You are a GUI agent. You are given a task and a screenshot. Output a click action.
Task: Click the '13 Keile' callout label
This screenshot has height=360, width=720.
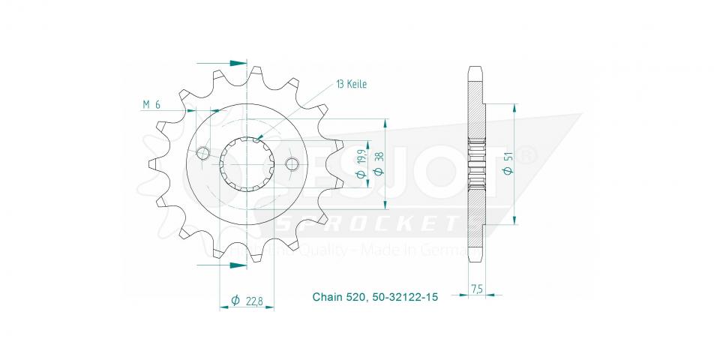click(351, 85)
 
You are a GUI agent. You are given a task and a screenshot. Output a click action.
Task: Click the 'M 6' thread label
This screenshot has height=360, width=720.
click(151, 105)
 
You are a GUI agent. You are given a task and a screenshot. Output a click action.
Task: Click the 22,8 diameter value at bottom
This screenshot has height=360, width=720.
click(254, 301)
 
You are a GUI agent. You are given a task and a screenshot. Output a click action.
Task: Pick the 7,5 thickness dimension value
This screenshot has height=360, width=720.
click(477, 289)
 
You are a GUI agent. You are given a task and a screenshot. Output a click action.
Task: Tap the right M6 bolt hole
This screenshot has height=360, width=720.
click(292, 164)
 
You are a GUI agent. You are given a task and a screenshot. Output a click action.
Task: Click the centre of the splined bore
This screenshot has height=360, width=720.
click(247, 163)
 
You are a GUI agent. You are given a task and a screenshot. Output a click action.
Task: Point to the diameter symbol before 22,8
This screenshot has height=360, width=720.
click(235, 301)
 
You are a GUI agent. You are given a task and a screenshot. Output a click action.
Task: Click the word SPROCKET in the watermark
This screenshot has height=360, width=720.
click(367, 223)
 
